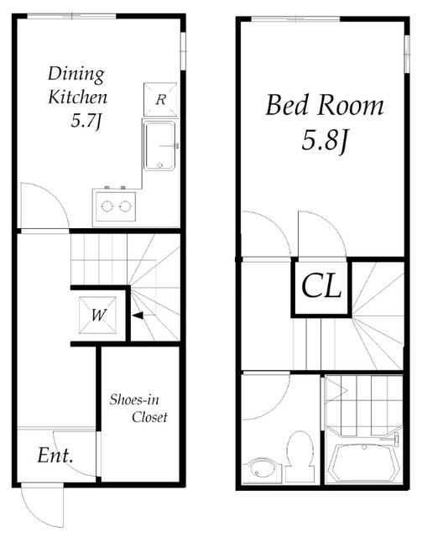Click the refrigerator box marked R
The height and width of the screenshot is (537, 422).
click(x=160, y=100)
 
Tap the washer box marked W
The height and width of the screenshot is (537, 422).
click(x=97, y=315)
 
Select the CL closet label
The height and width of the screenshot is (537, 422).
click(x=321, y=286)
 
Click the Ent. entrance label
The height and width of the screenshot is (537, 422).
click(x=55, y=455)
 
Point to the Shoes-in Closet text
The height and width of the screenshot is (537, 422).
click(x=138, y=409)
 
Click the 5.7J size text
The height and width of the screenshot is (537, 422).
click(x=86, y=121)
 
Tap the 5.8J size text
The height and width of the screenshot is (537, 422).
click(x=325, y=141)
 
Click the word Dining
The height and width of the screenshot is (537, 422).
click(x=76, y=75)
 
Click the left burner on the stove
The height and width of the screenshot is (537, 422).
click(x=107, y=206)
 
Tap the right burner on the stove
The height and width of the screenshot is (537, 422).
click(x=125, y=206)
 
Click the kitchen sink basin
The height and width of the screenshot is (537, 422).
click(x=159, y=146)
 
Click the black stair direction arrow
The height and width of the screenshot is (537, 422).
click(x=138, y=315)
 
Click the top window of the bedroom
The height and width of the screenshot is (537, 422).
click(x=296, y=18)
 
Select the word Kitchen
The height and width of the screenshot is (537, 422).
click(x=78, y=97)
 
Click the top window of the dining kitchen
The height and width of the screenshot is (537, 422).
click(x=71, y=16)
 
